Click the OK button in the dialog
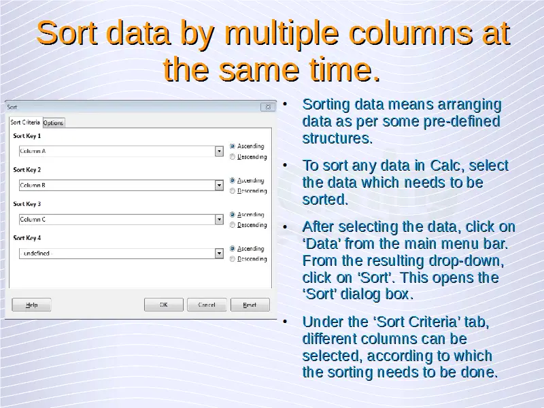click(x=164, y=305)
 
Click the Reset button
click(x=250, y=305)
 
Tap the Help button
click(x=31, y=305)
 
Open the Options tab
click(x=54, y=123)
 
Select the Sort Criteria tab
click(x=25, y=122)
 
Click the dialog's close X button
click(x=268, y=107)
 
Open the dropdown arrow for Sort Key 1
click(x=219, y=151)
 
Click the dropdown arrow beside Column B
click(x=219, y=185)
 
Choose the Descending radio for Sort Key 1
click(x=233, y=157)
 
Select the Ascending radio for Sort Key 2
click(x=233, y=180)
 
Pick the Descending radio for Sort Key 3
click(x=233, y=225)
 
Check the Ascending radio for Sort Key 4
click(x=233, y=248)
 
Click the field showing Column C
click(x=117, y=219)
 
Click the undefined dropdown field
click(x=117, y=253)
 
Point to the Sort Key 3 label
click(x=27, y=203)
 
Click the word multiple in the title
click(x=282, y=33)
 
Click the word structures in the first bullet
click(x=337, y=138)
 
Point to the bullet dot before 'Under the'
click(x=285, y=322)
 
